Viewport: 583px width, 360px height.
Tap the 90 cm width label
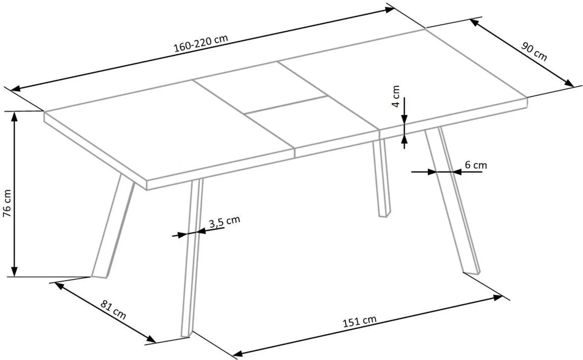point(534,51)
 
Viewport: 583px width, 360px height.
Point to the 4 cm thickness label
point(395,96)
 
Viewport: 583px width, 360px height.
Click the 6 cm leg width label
point(476,165)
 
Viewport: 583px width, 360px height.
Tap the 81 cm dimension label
point(113,310)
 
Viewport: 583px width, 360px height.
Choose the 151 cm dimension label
point(359,321)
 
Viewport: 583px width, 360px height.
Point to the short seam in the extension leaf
point(286,104)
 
